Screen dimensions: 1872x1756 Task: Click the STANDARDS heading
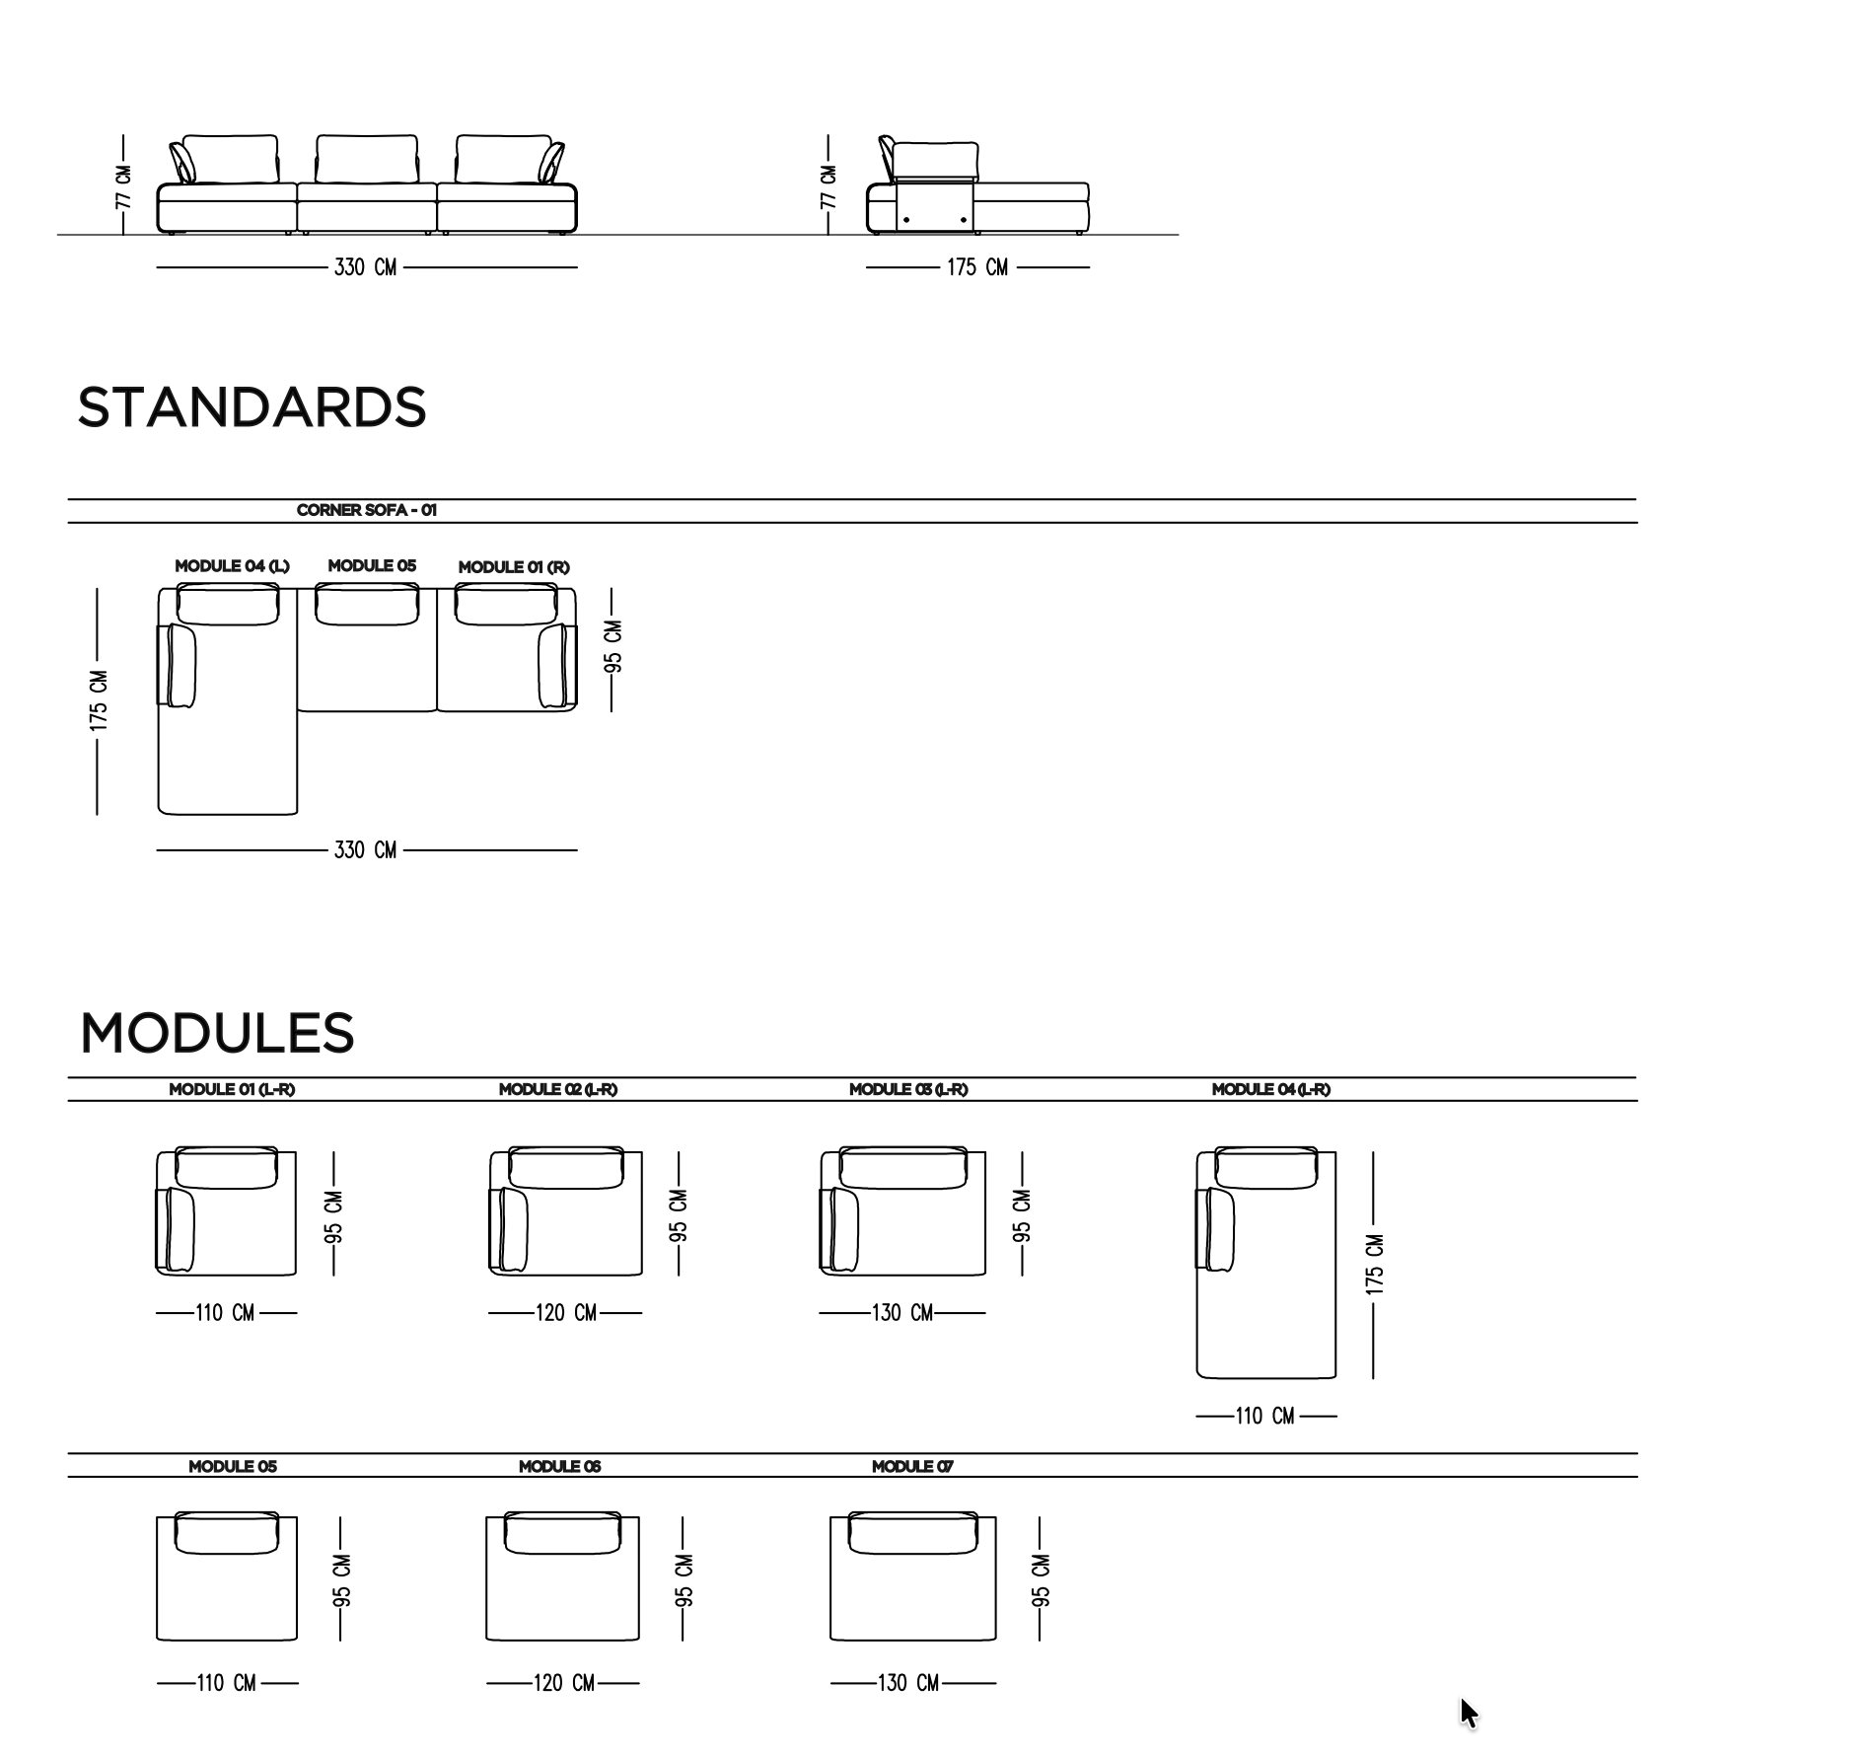coord(252,407)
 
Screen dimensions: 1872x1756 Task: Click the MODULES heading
coord(217,1033)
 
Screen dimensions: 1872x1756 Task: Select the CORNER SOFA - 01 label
coord(366,510)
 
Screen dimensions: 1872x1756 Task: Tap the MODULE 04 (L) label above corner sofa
coord(232,566)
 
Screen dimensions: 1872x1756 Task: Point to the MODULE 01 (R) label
coord(514,567)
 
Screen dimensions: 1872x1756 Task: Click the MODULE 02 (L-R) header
coord(558,1089)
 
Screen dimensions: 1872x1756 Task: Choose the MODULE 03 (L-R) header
coord(908,1089)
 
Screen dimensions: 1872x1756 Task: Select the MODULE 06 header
coord(560,1466)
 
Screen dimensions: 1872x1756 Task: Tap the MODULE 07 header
coord(912,1466)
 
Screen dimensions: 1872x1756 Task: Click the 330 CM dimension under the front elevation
coord(366,267)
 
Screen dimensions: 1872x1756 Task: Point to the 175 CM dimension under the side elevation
coord(977,267)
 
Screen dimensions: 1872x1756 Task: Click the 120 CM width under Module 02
coord(565,1313)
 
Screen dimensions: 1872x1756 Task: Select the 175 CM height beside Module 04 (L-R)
coord(1375,1265)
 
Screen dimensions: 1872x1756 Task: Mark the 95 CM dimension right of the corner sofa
coord(612,647)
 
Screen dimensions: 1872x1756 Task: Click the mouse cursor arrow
coord(1470,1713)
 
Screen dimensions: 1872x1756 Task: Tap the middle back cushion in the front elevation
coord(367,160)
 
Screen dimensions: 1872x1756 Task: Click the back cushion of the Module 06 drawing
coord(562,1533)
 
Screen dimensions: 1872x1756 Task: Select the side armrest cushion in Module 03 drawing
coord(844,1229)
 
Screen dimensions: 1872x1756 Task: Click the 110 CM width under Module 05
coord(227,1683)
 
